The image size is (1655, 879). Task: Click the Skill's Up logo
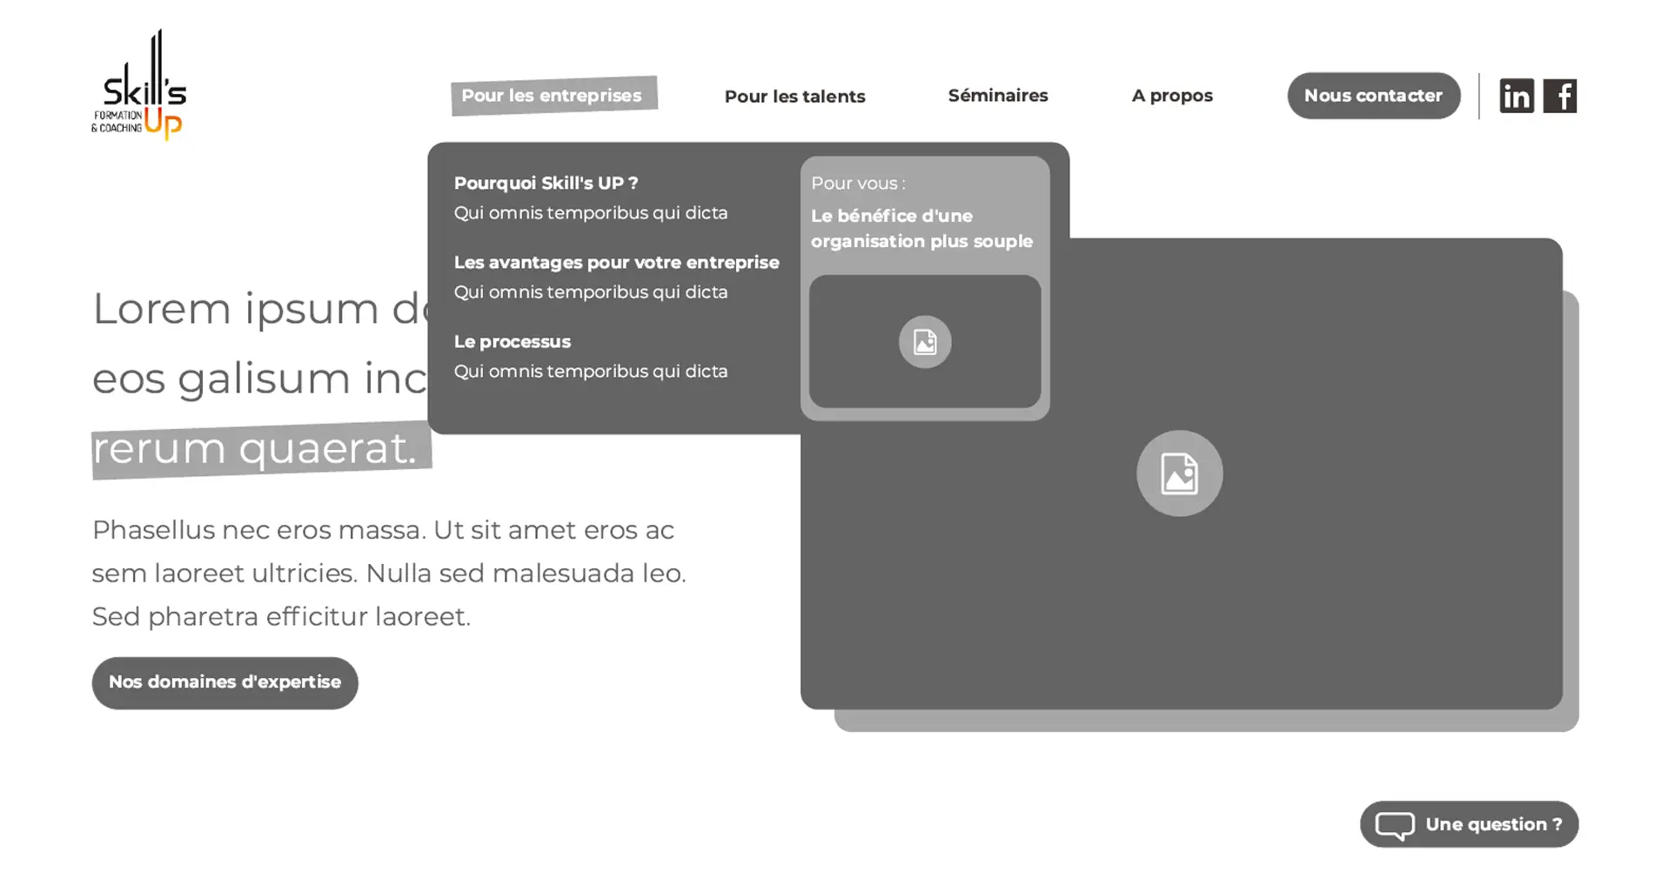click(139, 85)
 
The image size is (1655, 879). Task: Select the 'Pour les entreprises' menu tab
click(553, 96)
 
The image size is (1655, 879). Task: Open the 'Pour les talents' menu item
click(794, 97)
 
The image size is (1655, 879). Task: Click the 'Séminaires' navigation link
click(997, 96)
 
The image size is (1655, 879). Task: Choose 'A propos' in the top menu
click(1171, 96)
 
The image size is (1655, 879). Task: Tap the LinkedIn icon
click(1516, 96)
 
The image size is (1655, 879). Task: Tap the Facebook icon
click(1559, 96)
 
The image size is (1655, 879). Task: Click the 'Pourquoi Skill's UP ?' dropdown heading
click(546, 184)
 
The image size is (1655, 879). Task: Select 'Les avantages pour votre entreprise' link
click(616, 263)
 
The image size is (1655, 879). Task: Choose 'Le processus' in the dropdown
click(512, 342)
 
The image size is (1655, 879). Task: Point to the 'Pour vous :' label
click(857, 184)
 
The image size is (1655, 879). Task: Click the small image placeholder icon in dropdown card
click(924, 342)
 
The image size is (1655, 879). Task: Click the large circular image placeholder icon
click(1179, 473)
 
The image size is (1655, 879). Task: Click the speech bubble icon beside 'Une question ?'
click(1394, 825)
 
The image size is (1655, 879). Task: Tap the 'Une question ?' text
click(1493, 824)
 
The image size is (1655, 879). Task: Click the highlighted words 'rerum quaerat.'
click(254, 449)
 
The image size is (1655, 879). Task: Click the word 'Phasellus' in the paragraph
click(153, 530)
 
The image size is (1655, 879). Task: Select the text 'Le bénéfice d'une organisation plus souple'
click(921, 229)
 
